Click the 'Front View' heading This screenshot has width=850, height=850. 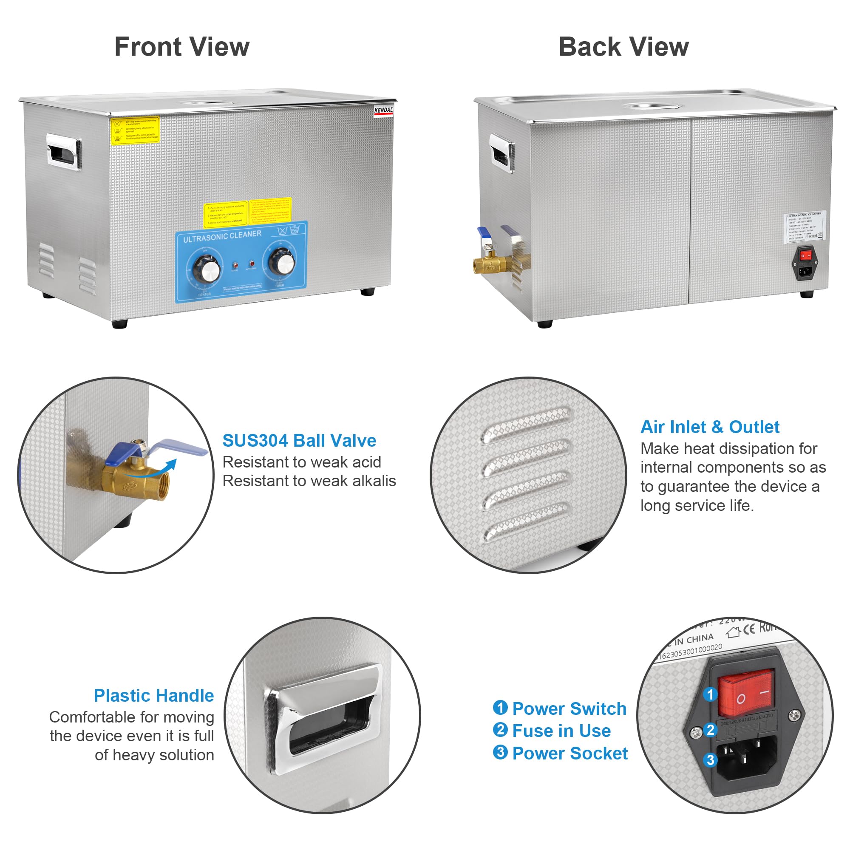tap(182, 47)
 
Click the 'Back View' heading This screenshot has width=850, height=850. tap(623, 47)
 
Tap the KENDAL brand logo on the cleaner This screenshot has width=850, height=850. tap(383, 111)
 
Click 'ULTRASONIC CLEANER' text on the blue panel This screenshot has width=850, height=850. tap(222, 236)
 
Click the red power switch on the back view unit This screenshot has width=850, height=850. tap(805, 255)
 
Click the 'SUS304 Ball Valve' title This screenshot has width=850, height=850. tap(299, 440)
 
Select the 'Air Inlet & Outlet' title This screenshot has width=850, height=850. tap(709, 427)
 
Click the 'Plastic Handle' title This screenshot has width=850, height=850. tap(153, 695)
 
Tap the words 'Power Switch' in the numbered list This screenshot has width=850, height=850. tap(569, 708)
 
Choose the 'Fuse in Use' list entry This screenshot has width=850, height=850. tap(561, 731)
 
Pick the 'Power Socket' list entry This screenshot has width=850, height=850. tap(569, 753)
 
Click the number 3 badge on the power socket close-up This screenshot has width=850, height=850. tap(710, 760)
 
